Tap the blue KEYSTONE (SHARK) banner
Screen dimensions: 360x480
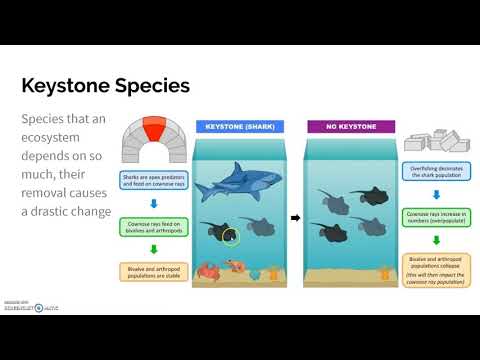coord(236,127)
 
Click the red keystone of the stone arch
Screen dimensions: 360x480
coord(153,129)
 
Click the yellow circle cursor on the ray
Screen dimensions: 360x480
coord(231,238)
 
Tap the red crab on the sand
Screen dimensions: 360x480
coord(210,270)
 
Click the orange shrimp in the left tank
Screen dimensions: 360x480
coord(236,267)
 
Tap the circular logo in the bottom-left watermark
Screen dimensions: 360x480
coord(39,308)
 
